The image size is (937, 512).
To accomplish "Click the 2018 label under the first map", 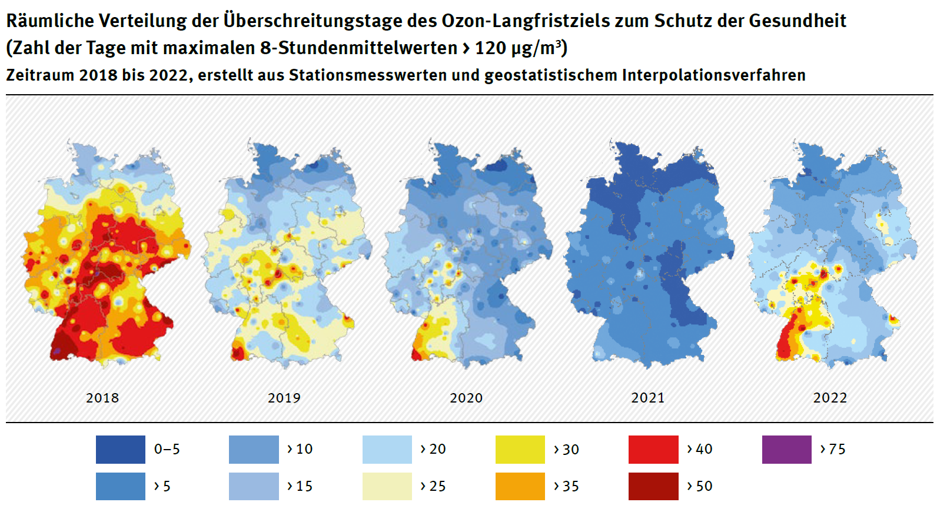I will pos(102,398).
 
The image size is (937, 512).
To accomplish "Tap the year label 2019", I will pos(284,398).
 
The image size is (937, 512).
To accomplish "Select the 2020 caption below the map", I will pos(466,398).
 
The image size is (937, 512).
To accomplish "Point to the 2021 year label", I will pos(648,398).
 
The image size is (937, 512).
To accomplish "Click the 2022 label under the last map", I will pos(830,398).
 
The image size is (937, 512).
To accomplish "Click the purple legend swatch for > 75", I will pos(786,450).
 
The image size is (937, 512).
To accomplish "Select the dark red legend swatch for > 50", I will pos(653,486).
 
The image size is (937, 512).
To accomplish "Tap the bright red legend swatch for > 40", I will pos(653,450).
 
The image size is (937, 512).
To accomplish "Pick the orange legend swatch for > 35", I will pos(520,486).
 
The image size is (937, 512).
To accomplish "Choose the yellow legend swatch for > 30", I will pos(520,450).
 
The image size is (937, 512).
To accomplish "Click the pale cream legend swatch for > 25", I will pos(387,486).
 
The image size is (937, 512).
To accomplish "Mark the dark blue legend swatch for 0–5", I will pos(121,450).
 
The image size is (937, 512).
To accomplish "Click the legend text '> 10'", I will pos(300,449).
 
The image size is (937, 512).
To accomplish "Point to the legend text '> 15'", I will pos(300,486).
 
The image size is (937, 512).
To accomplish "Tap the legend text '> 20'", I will pos(433,449).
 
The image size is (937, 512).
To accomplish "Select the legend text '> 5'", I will pos(162,486).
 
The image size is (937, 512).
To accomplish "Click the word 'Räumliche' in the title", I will pos(49,21).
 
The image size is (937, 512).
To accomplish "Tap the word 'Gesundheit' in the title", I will pos(797,21).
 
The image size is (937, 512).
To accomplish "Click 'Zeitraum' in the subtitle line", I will pos(40,75).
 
